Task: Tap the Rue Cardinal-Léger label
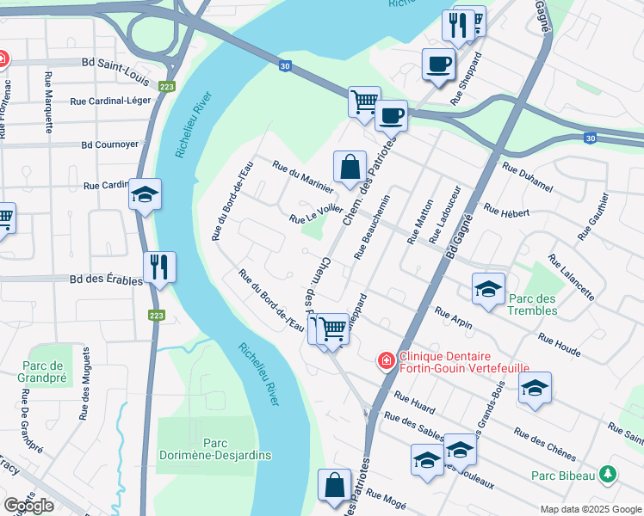(110, 101)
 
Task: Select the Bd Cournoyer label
(109, 144)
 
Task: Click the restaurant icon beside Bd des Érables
(159, 267)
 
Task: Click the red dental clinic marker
(387, 360)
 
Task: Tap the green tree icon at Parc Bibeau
(608, 475)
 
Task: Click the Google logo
(28, 506)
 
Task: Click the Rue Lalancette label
(570, 276)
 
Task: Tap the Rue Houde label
(559, 345)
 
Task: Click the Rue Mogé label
(385, 498)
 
